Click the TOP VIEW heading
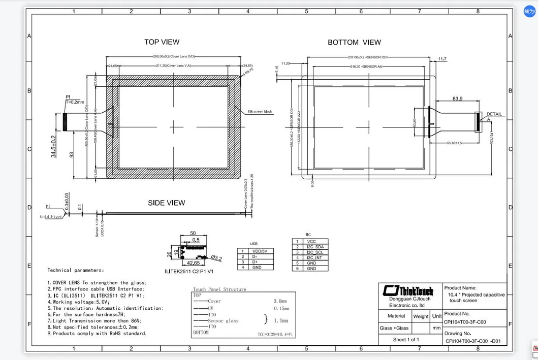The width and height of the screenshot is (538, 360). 162,42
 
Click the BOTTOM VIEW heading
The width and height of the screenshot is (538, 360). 354,42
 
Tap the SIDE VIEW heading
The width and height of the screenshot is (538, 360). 166,203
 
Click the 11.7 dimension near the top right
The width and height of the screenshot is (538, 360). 441,59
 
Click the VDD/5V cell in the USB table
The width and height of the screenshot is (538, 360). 263,251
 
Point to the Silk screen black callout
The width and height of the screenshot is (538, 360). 260,112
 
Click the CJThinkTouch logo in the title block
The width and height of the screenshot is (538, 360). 409,291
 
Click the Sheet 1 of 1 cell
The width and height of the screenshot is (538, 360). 406,339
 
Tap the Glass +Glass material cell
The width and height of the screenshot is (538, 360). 394,328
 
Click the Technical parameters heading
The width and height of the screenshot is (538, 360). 76,270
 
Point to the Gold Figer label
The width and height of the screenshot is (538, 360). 51,216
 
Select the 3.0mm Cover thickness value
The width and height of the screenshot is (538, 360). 280,301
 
